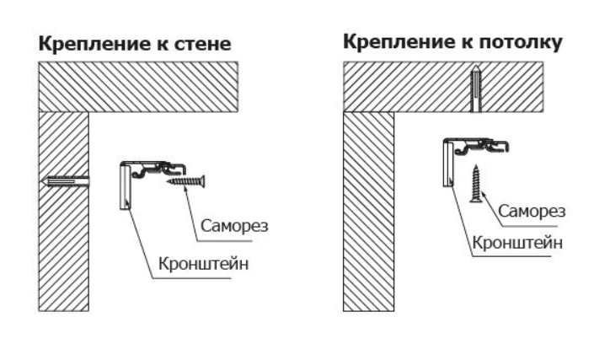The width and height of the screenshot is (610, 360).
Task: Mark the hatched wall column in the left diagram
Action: (63, 236)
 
